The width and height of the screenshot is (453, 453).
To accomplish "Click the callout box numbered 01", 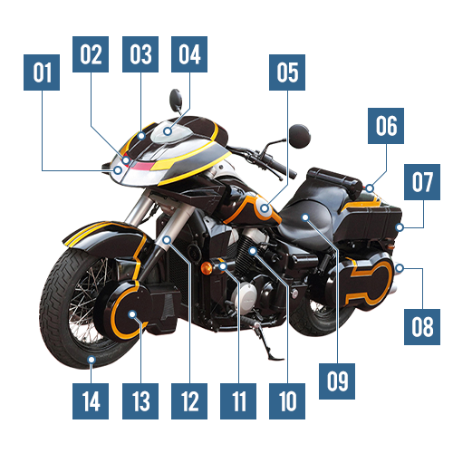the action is click(42, 72).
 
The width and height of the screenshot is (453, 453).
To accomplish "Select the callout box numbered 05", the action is click(287, 72).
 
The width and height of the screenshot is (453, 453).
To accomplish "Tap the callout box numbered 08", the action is click(422, 327).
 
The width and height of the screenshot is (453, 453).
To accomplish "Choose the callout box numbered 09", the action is click(337, 381).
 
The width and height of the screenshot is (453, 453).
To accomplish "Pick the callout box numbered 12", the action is click(189, 401).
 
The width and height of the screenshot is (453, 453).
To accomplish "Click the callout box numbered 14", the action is click(91, 401).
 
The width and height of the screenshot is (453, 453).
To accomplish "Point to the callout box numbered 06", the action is click(386, 126).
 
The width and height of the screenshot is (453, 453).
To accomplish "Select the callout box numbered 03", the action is click(140, 54).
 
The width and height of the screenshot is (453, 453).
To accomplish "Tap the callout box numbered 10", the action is click(287, 401).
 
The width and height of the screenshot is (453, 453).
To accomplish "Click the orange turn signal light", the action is click(207, 268).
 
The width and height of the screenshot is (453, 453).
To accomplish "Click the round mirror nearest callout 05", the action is click(299, 136).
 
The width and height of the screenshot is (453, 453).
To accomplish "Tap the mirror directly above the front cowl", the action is click(176, 100).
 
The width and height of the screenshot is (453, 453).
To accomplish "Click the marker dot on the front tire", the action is click(92, 360).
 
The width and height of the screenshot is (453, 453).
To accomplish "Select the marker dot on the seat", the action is click(305, 217).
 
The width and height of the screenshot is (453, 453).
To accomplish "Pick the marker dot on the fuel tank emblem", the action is click(265, 208).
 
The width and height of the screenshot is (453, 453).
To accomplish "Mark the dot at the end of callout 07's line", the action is click(400, 227).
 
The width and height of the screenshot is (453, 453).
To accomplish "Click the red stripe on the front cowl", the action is click(142, 166).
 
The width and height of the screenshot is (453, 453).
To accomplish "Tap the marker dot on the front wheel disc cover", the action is click(132, 314).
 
